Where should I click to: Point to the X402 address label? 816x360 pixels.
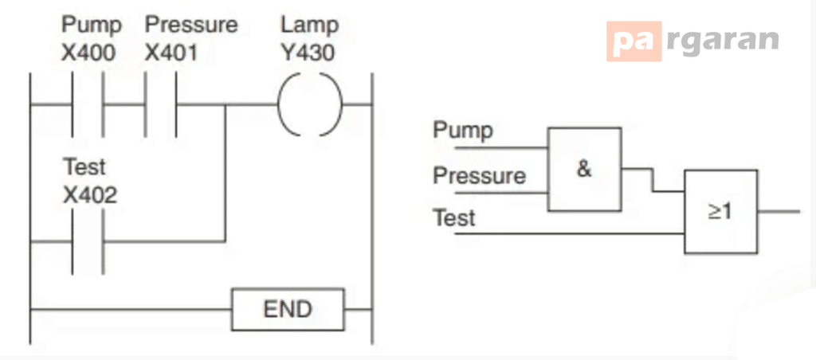(x=90, y=195)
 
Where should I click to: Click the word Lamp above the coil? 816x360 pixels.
(x=310, y=25)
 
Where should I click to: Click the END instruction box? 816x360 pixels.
(x=288, y=309)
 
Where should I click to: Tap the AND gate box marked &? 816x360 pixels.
(x=584, y=170)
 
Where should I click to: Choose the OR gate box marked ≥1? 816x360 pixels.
(x=720, y=212)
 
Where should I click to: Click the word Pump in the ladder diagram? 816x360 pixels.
(x=92, y=25)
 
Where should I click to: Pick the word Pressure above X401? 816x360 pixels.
(x=191, y=25)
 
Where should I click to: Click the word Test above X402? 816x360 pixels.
(x=84, y=167)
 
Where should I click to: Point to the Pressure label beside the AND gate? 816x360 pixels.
(x=479, y=176)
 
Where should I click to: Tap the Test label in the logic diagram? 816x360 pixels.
(x=454, y=217)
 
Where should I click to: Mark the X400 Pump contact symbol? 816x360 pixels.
(x=88, y=104)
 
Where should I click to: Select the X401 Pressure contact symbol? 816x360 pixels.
(x=160, y=104)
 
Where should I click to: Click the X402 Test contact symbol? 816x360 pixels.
(x=88, y=241)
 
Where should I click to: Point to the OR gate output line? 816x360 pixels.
(x=779, y=212)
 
